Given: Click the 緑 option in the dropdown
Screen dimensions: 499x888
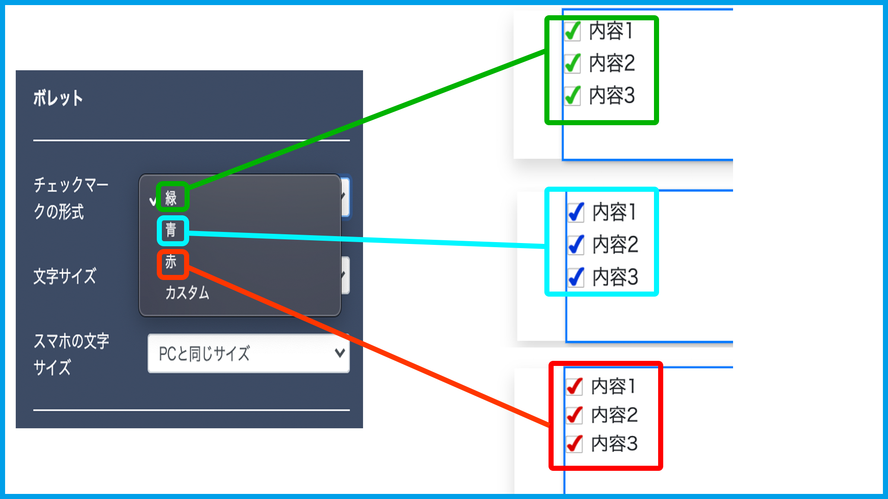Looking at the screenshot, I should click(171, 198).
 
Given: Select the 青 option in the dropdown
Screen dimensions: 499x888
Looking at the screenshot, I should click(171, 230).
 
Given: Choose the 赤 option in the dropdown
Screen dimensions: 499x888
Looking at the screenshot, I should click(171, 262).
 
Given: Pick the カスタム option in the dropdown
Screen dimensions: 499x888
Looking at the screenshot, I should click(187, 292).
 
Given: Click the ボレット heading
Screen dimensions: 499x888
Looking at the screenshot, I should click(58, 98).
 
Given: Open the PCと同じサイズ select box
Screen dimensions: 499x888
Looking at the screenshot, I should click(248, 353).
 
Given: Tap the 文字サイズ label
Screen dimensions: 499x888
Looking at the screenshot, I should click(65, 276).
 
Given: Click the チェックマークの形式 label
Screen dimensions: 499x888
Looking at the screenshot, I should click(70, 198).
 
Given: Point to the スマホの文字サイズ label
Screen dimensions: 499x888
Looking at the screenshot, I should click(71, 354).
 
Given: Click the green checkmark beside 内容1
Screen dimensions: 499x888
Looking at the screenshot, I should click(573, 31).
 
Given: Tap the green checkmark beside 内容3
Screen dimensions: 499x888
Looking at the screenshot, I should click(573, 96).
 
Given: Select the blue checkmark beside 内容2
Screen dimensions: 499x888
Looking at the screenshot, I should click(576, 245).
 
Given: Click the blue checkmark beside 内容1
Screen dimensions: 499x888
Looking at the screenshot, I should click(576, 213).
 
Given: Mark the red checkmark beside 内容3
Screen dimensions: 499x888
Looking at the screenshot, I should click(574, 444).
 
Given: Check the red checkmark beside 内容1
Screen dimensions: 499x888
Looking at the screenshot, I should click(574, 387).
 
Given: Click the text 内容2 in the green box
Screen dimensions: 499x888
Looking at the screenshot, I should click(611, 63).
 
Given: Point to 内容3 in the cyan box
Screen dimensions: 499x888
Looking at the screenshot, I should click(615, 277).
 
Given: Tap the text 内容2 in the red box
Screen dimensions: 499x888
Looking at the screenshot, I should click(614, 415).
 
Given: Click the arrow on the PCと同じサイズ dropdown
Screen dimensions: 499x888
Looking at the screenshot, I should click(340, 353).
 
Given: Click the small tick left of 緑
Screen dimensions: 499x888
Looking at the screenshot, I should click(153, 201).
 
